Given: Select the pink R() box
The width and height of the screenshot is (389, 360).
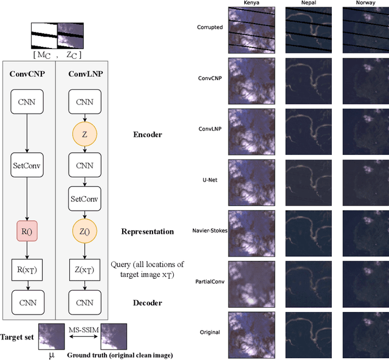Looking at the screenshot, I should coord(26,231).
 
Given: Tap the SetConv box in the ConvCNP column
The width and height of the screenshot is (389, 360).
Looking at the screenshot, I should coord(26,165).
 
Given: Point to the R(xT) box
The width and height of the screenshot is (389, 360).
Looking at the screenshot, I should coord(26,268).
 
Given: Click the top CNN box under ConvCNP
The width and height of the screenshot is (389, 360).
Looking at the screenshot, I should coord(26,102).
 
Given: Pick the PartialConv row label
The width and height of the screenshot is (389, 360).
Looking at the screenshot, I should coord(210,282).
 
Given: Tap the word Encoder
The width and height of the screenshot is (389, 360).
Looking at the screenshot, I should coord(147,134).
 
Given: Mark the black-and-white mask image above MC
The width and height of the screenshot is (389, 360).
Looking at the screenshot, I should coord(44,35).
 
